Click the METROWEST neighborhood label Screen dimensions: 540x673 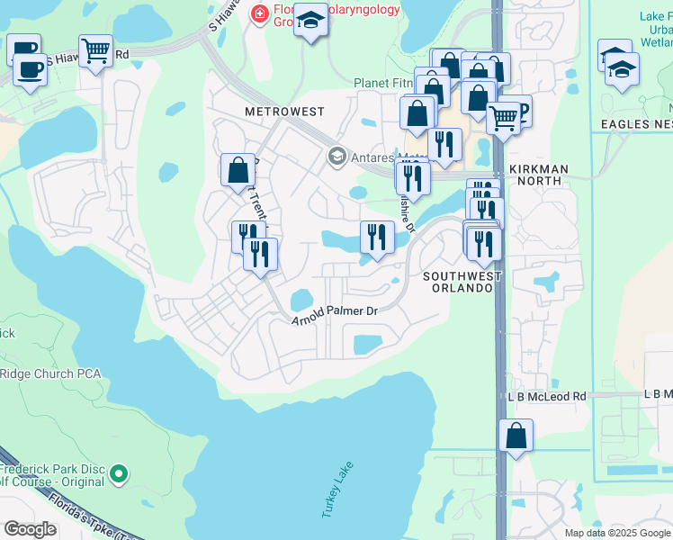click(283, 112)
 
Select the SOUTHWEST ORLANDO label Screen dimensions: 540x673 click(458, 282)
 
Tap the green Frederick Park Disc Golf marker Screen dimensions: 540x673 click(118, 472)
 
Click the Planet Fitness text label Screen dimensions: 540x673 click(382, 83)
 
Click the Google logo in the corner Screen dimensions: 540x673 click(30, 528)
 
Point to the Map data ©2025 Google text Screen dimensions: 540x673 click(617, 533)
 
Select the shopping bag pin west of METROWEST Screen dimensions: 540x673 click(238, 168)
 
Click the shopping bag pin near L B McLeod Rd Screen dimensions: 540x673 click(516, 436)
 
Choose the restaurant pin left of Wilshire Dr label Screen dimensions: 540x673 click(375, 237)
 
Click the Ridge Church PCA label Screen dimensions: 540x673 click(49, 373)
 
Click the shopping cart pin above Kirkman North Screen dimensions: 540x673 click(504, 117)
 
